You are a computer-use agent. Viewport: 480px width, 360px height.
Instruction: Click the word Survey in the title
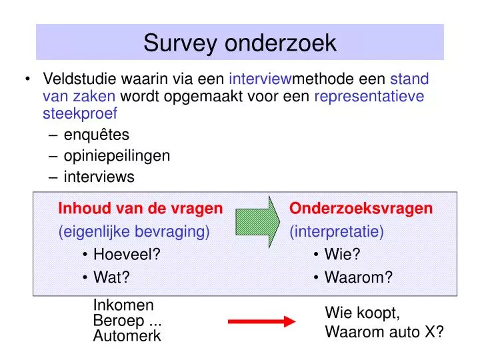(x=180, y=43)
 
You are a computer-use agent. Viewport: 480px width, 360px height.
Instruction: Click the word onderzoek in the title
(x=281, y=43)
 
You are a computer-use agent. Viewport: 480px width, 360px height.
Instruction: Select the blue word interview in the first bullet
(x=260, y=79)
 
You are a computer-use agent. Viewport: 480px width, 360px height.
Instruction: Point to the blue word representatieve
(x=369, y=97)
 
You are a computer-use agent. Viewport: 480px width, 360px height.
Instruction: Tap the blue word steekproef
(x=80, y=114)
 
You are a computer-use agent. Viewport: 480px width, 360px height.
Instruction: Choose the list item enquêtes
(x=97, y=135)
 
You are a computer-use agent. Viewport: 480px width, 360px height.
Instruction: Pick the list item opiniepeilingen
(x=117, y=156)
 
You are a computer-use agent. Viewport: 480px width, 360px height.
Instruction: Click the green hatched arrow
(x=257, y=222)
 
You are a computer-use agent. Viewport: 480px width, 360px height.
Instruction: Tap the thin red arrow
(x=262, y=321)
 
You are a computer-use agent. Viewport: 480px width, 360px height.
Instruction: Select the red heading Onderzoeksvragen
(x=361, y=209)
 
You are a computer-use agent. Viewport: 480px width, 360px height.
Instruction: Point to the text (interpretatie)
(x=337, y=231)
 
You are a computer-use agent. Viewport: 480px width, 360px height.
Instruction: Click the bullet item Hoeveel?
(x=127, y=254)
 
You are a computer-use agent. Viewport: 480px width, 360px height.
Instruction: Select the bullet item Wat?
(x=111, y=277)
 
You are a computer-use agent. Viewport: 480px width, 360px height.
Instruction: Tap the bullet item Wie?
(x=342, y=254)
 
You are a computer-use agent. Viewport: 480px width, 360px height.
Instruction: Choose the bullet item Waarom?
(x=359, y=277)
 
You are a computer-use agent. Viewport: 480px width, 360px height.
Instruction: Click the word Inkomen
(x=123, y=305)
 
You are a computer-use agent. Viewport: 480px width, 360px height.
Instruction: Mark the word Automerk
(x=127, y=336)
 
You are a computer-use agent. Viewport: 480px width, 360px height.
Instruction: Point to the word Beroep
(x=119, y=321)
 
